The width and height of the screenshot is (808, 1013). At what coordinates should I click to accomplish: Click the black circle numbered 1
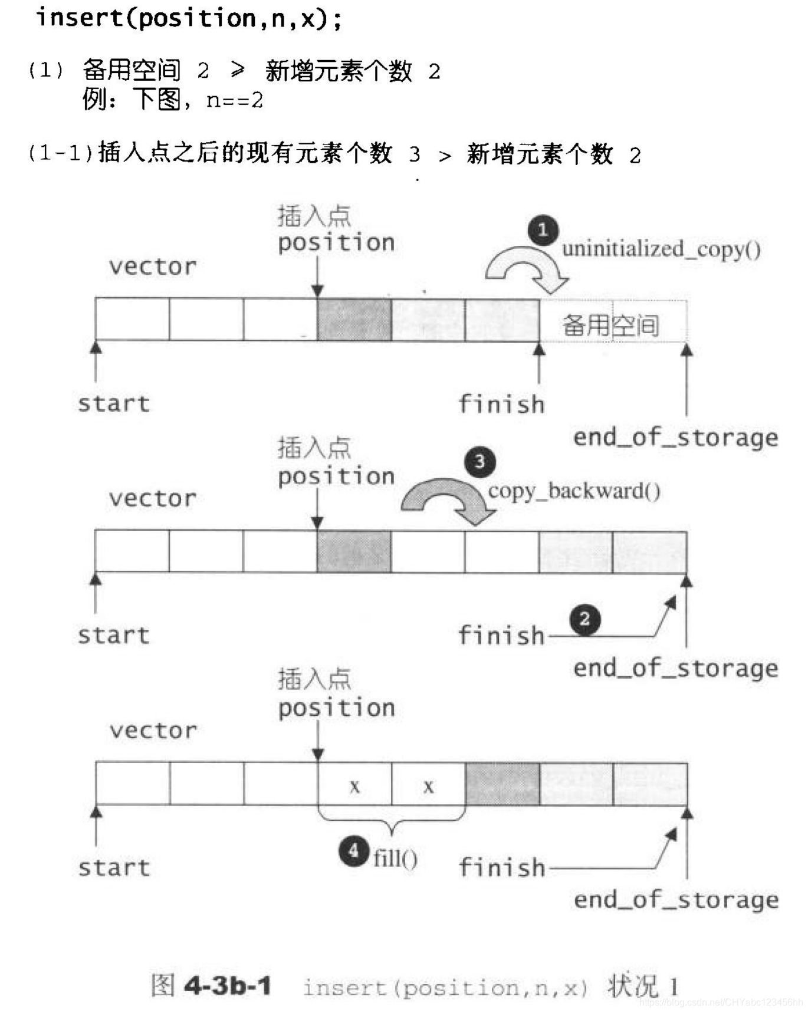pyautogui.click(x=543, y=230)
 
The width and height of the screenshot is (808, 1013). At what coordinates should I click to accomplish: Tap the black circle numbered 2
pyautogui.click(x=584, y=619)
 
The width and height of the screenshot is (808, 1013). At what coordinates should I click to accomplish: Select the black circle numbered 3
pyautogui.click(x=479, y=461)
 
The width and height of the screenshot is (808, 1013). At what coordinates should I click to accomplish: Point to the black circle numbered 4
pyautogui.click(x=354, y=851)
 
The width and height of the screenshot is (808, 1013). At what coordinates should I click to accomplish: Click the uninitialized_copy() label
pyautogui.click(x=661, y=249)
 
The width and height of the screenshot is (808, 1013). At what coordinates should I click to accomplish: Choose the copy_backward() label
pyautogui.click(x=574, y=491)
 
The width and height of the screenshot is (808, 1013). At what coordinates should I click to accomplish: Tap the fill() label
pyautogui.click(x=395, y=857)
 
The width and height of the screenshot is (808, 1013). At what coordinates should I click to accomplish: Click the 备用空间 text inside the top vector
pyautogui.click(x=610, y=325)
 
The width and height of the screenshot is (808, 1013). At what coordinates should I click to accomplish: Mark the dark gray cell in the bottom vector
pyautogui.click(x=502, y=784)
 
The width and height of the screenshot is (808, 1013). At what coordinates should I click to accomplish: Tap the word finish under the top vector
pyautogui.click(x=501, y=404)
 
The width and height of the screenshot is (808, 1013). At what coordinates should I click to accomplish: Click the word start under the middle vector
pyautogui.click(x=114, y=635)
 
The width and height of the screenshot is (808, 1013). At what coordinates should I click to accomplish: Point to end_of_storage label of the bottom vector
pyautogui.click(x=676, y=900)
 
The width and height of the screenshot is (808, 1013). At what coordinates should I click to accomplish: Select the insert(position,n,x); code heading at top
pyautogui.click(x=189, y=18)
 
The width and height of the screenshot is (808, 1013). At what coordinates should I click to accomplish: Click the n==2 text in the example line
pyautogui.click(x=234, y=100)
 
